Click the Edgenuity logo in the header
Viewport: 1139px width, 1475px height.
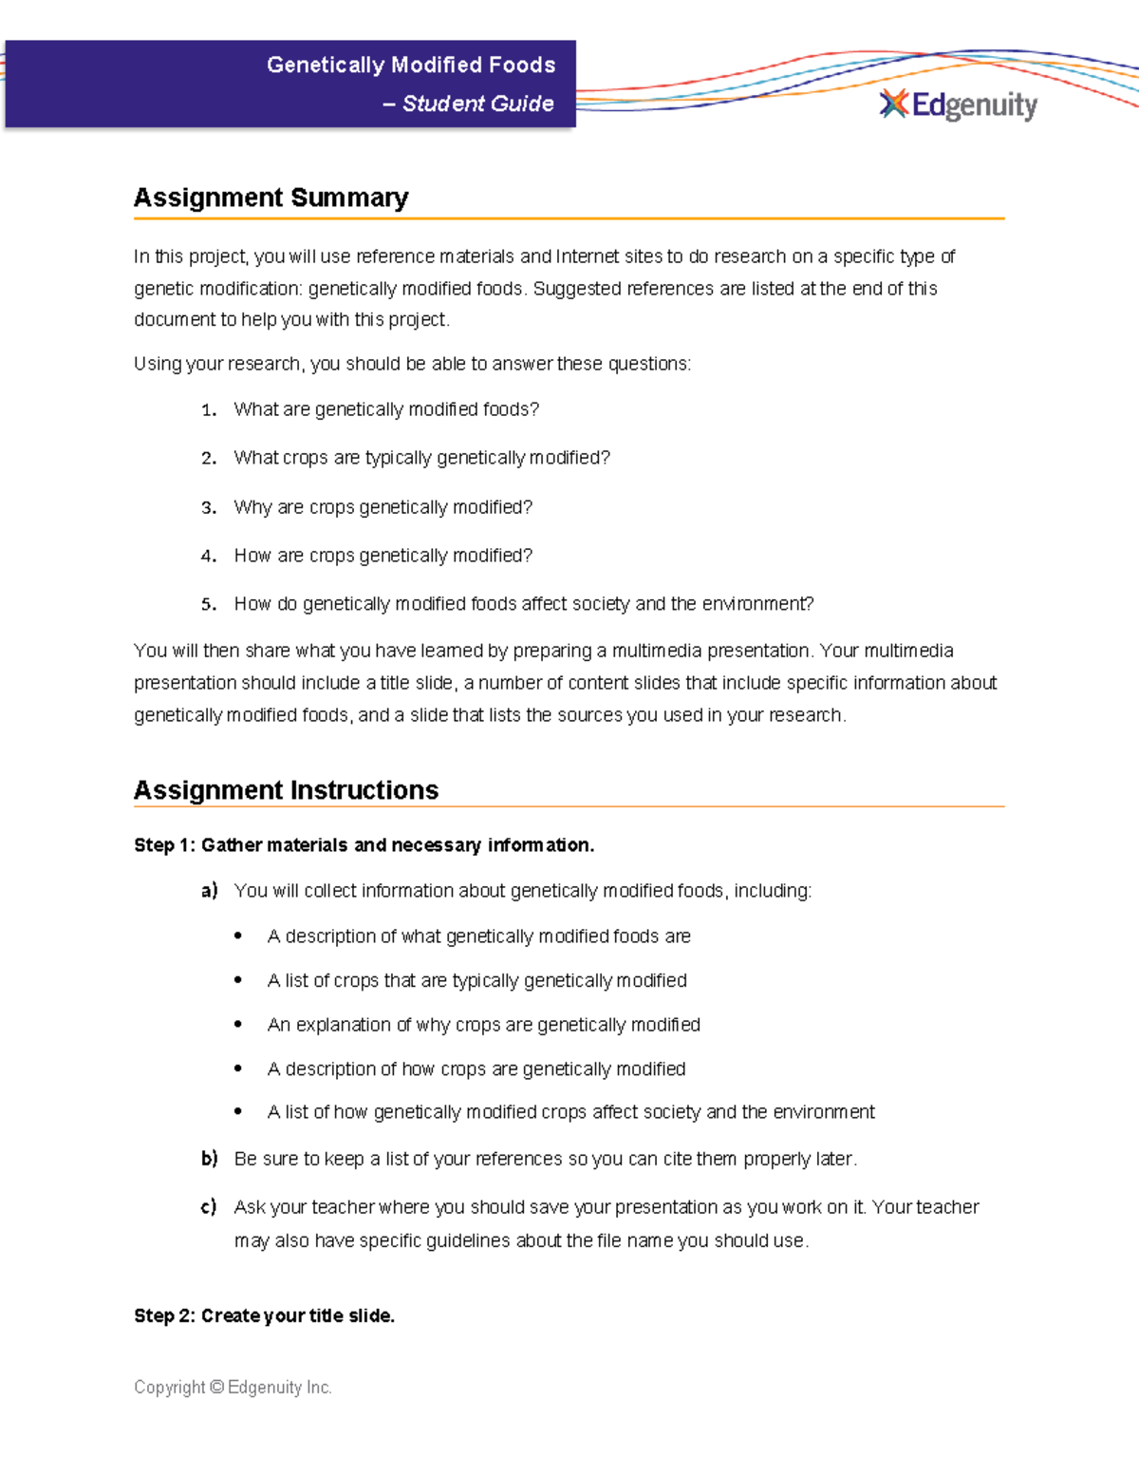[959, 104]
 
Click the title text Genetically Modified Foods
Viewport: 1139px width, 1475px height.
[410, 65]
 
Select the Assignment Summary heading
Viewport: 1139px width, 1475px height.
[271, 198]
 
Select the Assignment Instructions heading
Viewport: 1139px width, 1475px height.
[286, 790]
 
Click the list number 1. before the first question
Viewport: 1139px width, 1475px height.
[209, 410]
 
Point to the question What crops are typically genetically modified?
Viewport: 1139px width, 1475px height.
[421, 458]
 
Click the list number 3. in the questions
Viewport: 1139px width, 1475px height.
[209, 508]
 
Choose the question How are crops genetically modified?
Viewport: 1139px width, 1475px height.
[383, 556]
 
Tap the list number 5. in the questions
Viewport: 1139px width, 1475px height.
[209, 604]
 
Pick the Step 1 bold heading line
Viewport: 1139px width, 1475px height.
[364, 845]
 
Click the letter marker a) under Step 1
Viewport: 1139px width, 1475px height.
[209, 891]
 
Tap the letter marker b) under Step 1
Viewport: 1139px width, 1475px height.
[209, 1159]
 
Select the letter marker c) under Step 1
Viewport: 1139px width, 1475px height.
[209, 1207]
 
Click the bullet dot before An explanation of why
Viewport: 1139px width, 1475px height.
[238, 1025]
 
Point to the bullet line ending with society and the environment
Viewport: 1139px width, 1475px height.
[570, 1112]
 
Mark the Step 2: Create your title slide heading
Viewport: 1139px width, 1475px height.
[264, 1315]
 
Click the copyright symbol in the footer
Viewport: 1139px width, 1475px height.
[216, 1388]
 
